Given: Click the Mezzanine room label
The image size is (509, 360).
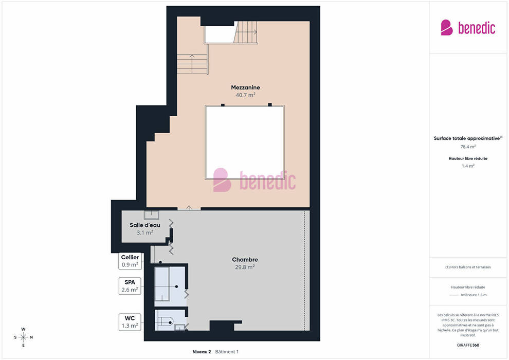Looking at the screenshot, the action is point(245,87).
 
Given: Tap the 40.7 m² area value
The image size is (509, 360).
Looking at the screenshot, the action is point(245,95).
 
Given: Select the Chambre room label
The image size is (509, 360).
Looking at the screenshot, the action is point(245,259).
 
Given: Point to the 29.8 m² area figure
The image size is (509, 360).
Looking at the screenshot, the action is point(245,267).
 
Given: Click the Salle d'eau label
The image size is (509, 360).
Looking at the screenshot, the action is point(145,225).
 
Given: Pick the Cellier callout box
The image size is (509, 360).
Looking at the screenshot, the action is point(130,261).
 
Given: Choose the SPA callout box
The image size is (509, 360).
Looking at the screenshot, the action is point(130,286).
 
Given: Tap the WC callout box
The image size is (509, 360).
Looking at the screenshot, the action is point(130,322).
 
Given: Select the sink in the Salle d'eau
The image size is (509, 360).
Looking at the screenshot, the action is point(152,214).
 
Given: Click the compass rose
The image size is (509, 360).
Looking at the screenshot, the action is point(23,337).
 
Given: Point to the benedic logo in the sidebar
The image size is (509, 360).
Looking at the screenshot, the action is point(468,28).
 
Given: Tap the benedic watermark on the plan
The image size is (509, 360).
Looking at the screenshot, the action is point(254,180).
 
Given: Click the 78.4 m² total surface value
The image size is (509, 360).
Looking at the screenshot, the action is point(468,147).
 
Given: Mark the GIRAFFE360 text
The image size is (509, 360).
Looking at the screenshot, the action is point(468,345).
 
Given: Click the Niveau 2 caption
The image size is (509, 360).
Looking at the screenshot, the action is point(202,352).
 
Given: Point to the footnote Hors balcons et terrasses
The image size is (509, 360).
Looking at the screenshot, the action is point(468,267).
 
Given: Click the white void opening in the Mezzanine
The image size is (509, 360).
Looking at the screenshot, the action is point(245,142).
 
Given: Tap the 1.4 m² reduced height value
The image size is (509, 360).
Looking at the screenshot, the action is point(468,166).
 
